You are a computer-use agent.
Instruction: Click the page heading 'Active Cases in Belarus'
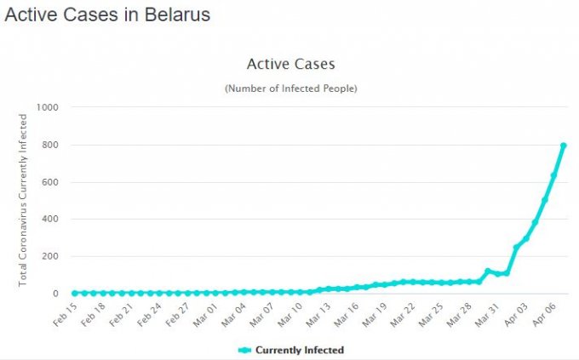(x=107, y=14)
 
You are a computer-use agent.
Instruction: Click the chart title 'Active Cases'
(x=290, y=64)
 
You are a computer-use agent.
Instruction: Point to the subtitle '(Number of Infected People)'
(x=290, y=89)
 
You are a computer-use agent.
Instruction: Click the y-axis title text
(x=24, y=201)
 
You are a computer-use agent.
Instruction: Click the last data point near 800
(x=564, y=146)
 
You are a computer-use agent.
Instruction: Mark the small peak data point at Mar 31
(x=489, y=271)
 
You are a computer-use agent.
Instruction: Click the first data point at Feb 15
(x=75, y=293)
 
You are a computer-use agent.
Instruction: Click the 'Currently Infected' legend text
(x=300, y=350)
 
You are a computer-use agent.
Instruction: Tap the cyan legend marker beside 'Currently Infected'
(x=244, y=350)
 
